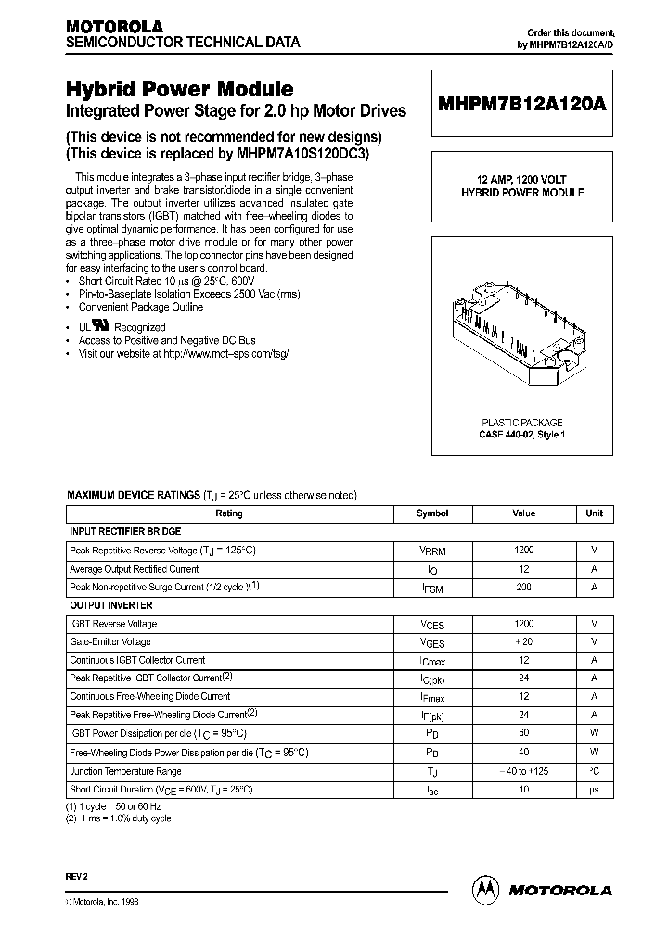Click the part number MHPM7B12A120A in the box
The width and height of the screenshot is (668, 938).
tap(522, 105)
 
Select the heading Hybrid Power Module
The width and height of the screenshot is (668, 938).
tap(179, 89)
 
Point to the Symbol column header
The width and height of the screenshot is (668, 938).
tap(432, 513)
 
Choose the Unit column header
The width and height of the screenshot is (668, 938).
tap(594, 513)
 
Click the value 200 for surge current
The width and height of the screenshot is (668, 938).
tap(523, 587)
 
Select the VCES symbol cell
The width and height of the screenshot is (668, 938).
tap(432, 624)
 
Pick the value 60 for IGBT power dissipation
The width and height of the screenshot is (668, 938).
tap(523, 733)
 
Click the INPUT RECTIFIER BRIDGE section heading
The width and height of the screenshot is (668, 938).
tap(125, 531)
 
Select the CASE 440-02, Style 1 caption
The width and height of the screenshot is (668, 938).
tap(521, 435)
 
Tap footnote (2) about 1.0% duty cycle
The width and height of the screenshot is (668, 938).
tap(118, 818)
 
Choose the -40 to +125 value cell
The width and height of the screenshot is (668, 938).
tap(523, 770)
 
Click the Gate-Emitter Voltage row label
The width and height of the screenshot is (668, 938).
tap(110, 641)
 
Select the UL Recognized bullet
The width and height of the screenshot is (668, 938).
tap(121, 327)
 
